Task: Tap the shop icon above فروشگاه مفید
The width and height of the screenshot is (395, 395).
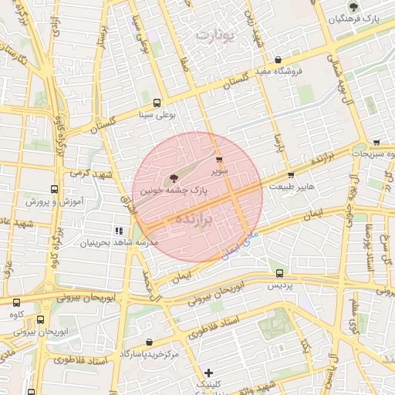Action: coord(278,60)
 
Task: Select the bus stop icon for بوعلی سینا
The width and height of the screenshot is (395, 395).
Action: coord(157,103)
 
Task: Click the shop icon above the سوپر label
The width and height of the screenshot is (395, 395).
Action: coord(220,159)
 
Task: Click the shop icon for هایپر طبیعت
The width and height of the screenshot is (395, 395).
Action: coord(290,176)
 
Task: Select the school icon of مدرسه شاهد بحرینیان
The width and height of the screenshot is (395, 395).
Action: coord(119,231)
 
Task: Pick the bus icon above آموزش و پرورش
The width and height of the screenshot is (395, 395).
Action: coord(54,189)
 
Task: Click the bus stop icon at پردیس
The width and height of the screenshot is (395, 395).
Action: coord(279,273)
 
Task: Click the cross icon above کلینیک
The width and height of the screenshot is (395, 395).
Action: coord(208,373)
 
